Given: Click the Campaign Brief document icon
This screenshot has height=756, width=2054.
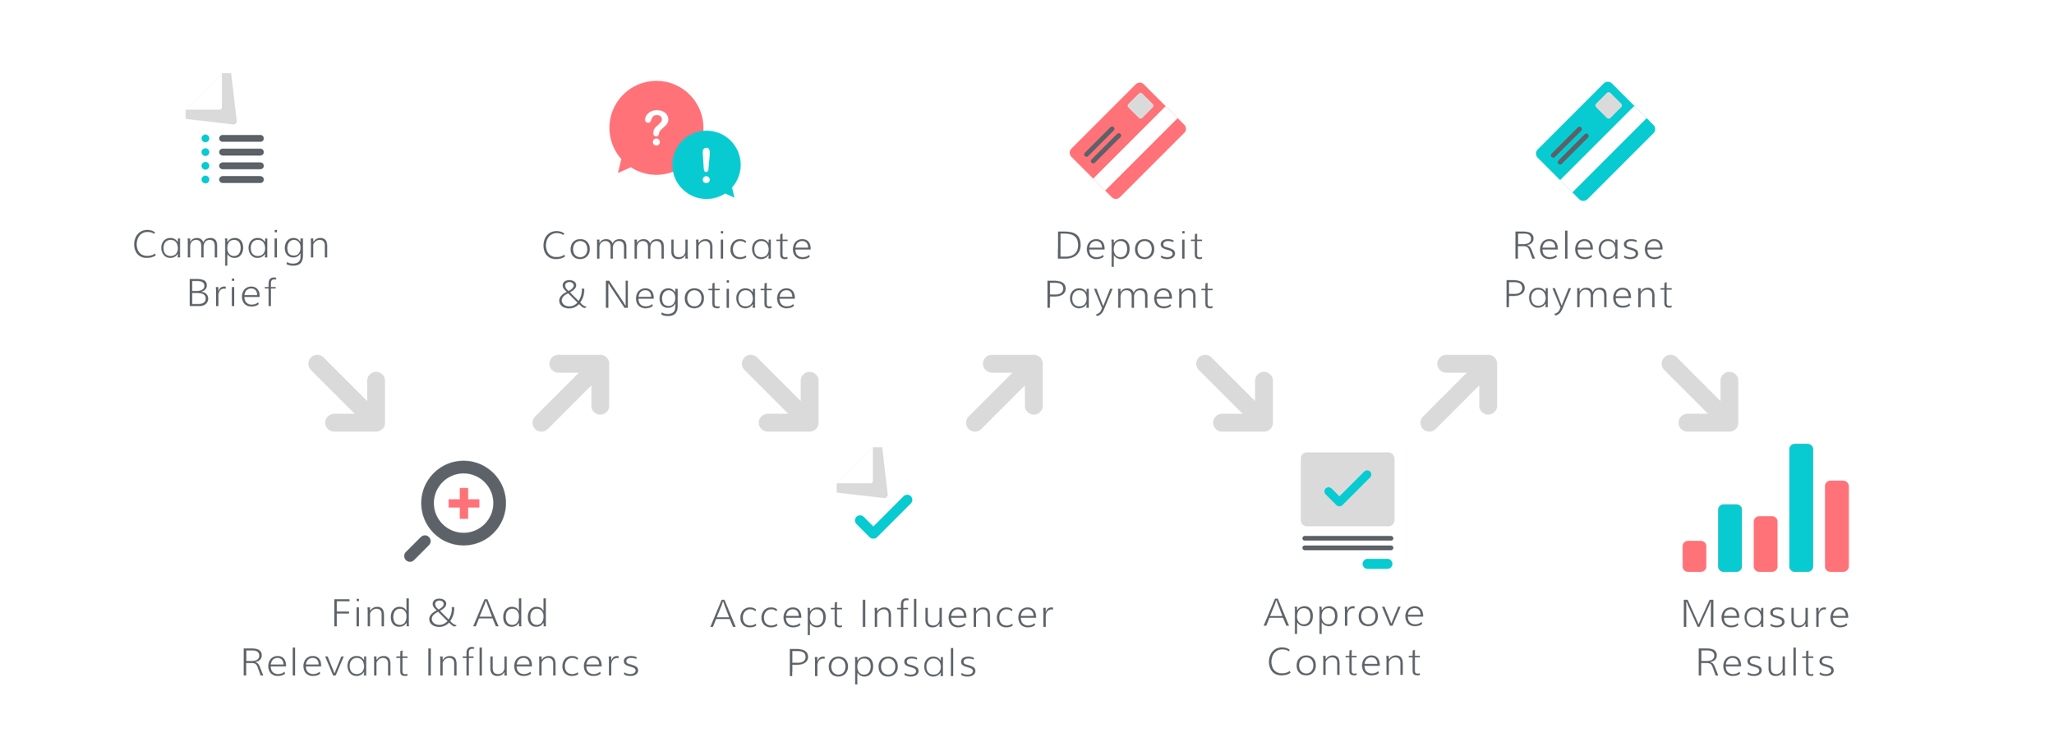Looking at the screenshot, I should pyautogui.click(x=233, y=138).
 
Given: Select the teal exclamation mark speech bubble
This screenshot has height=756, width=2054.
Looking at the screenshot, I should pyautogui.click(x=707, y=165).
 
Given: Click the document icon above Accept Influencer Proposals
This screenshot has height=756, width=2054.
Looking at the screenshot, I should pyautogui.click(x=883, y=512).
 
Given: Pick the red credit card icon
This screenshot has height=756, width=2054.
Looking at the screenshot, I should pyautogui.click(x=1127, y=141).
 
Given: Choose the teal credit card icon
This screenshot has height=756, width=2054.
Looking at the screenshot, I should pyautogui.click(x=1595, y=141).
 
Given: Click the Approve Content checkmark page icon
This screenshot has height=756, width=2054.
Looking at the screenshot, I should pyautogui.click(x=1347, y=510).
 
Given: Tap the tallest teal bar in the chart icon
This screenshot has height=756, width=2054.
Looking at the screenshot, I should pyautogui.click(x=1801, y=507).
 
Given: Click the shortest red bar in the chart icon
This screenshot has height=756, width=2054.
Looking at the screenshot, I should pyautogui.click(x=1694, y=555).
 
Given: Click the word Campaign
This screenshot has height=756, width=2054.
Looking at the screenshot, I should pyautogui.click(x=231, y=246).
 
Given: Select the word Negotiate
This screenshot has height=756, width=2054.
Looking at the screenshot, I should pyautogui.click(x=699, y=295).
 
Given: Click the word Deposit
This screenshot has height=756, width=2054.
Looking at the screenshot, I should pyautogui.click(x=1129, y=246).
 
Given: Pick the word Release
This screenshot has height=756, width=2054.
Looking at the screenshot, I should pyautogui.click(x=1588, y=246).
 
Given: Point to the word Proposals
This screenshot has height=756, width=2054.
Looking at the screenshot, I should pyautogui.click(x=882, y=663).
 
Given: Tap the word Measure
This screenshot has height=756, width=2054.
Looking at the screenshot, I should pyautogui.click(x=1766, y=614).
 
